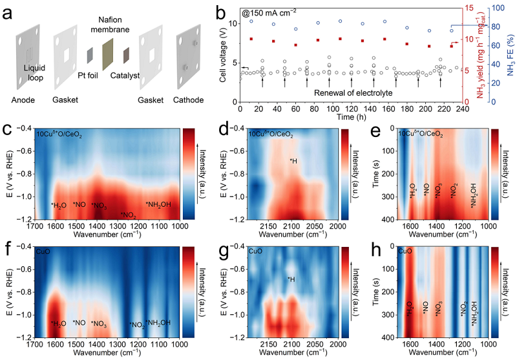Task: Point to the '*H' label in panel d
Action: click(293, 161)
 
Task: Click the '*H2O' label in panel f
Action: click(59, 323)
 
